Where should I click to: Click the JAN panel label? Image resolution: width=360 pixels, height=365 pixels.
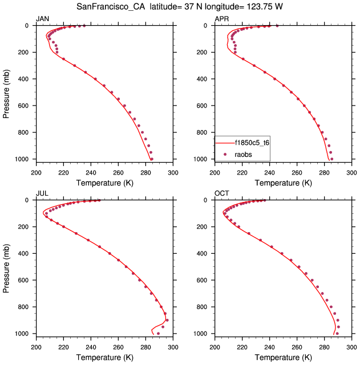click(x=43, y=19)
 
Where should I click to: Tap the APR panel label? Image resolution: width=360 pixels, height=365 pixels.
click(x=221, y=19)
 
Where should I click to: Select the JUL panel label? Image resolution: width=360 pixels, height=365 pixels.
click(x=42, y=194)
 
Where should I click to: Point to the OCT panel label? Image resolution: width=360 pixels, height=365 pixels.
click(x=221, y=194)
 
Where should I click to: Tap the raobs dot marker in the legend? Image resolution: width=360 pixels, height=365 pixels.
click(x=225, y=155)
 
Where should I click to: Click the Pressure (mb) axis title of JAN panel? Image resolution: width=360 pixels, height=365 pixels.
click(x=7, y=92)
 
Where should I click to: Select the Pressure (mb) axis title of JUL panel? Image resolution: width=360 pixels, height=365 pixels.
click(x=7, y=267)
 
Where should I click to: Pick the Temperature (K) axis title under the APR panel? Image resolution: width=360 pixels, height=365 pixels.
click(x=283, y=182)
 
